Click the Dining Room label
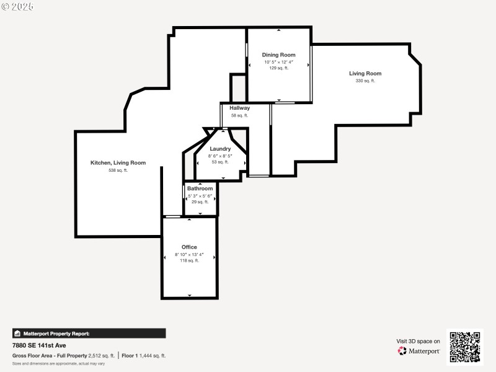278,55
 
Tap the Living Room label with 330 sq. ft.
365,74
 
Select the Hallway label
239,108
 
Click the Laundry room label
220,149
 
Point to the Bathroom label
200,188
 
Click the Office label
189,247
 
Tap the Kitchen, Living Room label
118,163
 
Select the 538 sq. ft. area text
118,170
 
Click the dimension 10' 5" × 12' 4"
278,62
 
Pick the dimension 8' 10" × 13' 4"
189,254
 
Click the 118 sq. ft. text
189,261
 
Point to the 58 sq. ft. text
239,115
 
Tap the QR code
464,347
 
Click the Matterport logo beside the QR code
419,351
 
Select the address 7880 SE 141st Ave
39,345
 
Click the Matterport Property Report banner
89,334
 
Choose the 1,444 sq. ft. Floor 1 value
152,356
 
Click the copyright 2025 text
17,6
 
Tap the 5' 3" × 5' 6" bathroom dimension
200,196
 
